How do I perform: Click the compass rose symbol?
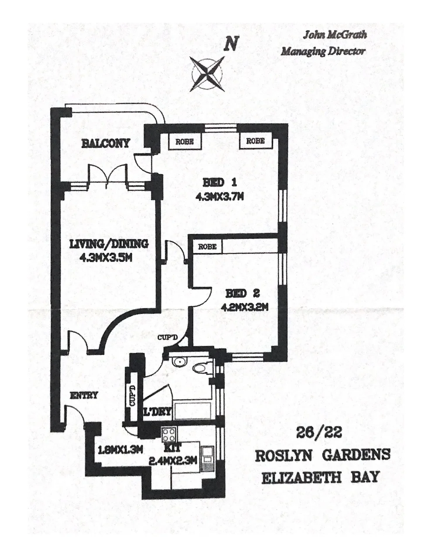pyautogui.click(x=207, y=74)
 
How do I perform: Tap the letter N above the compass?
pyautogui.click(x=231, y=43)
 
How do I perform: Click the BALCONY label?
pyautogui.click(x=105, y=143)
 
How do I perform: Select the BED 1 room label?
pyautogui.click(x=219, y=183)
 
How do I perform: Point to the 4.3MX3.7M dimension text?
pyautogui.click(x=219, y=197)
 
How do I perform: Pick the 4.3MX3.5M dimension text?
pyautogui.click(x=106, y=257)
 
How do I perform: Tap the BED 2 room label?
pyautogui.click(x=243, y=293)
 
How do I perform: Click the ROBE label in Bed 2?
pyautogui.click(x=207, y=247)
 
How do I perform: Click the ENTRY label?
pyautogui.click(x=84, y=395)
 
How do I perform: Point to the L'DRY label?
pyautogui.click(x=157, y=412)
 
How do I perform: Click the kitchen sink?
pyautogui.click(x=208, y=459)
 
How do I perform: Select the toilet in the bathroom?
pyautogui.click(x=203, y=368)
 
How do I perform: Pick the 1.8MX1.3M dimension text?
pyautogui.click(x=120, y=450)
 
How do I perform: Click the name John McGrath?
pyautogui.click(x=335, y=35)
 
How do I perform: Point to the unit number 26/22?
pyautogui.click(x=319, y=434)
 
